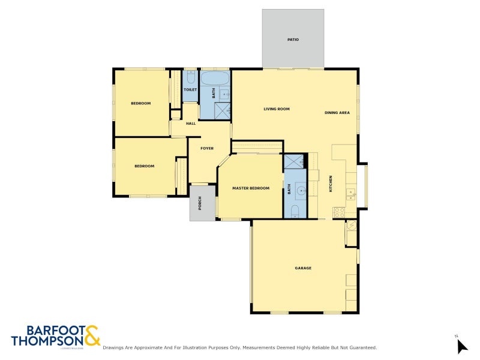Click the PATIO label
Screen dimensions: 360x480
pyautogui.click(x=293, y=40)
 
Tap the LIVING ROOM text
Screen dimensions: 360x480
pyautogui.click(x=277, y=109)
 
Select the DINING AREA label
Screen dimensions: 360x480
pyautogui.click(x=337, y=113)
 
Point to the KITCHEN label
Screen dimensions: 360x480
pyautogui.click(x=330, y=184)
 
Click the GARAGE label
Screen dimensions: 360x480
pyautogui.click(x=303, y=268)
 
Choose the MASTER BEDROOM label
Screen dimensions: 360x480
pyautogui.click(x=251, y=188)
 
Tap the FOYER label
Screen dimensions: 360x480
pyautogui.click(x=207, y=148)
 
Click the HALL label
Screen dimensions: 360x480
pyautogui.click(x=191, y=124)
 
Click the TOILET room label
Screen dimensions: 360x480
pyautogui.click(x=190, y=90)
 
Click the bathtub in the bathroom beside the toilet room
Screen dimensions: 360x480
pyautogui.click(x=214, y=79)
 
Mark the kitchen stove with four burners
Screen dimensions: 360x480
pyautogui.click(x=339, y=212)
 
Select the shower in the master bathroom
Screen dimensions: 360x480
pyautogui.click(x=295, y=162)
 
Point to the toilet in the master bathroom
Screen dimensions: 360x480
pyautogui.click(x=295, y=210)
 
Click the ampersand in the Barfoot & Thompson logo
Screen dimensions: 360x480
pyautogui.click(x=92, y=335)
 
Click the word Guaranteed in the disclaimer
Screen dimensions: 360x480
pyautogui.click(x=359, y=347)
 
